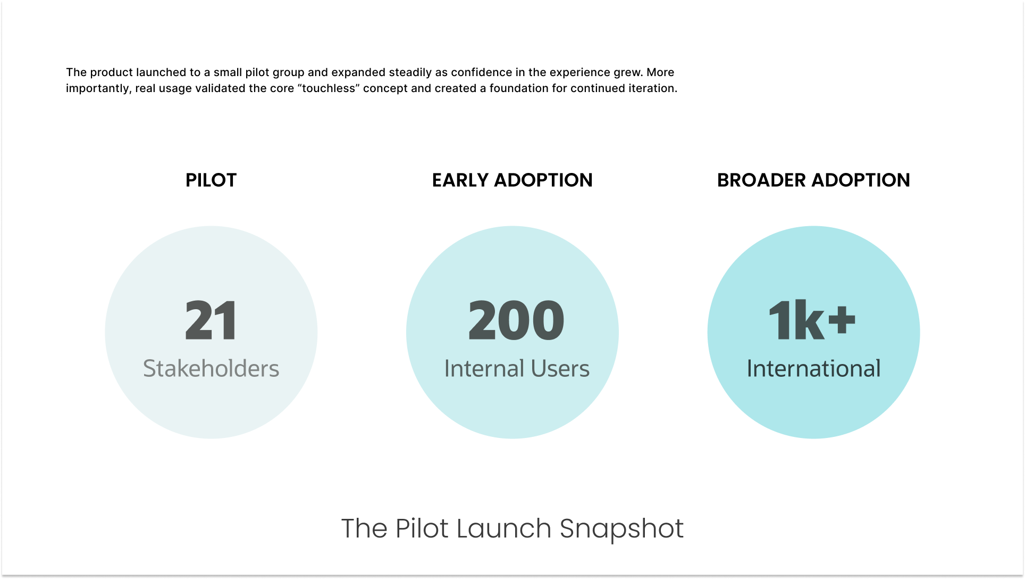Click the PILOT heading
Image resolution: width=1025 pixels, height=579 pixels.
pos(211,180)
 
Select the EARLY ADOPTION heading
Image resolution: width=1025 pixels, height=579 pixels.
pos(512,180)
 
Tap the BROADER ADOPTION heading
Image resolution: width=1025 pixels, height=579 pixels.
pos(813,180)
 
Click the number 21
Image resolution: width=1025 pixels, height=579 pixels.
pos(211,320)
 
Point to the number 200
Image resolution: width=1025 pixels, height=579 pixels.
pos(516,320)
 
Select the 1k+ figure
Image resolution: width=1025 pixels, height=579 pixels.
pos(811,320)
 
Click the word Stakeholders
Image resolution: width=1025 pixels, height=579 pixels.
pos(211,368)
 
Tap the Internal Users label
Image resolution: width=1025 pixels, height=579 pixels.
pos(517,368)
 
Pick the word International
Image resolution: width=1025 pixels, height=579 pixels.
pos(813,368)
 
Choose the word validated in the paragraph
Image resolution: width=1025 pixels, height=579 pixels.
pos(216,88)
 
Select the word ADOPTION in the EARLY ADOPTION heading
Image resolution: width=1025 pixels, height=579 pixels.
pos(543,180)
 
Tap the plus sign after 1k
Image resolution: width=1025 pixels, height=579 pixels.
pos(842,319)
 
